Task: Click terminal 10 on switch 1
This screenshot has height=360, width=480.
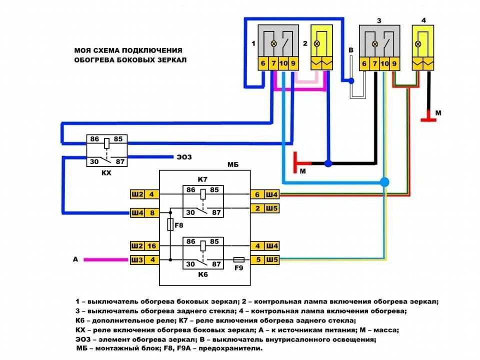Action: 283,63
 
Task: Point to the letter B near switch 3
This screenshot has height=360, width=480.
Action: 351,50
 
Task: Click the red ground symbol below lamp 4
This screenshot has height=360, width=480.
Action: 427,118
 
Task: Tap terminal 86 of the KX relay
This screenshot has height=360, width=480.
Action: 95,139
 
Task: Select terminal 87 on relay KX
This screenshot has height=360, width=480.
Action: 119,161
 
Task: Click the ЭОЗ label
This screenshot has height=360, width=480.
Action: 184,157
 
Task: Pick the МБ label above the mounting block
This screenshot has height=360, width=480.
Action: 233,164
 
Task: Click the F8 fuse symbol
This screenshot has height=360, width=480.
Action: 170,225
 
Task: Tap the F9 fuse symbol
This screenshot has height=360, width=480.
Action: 239,260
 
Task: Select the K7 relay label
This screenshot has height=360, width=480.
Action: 202,179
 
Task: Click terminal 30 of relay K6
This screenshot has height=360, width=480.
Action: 190,264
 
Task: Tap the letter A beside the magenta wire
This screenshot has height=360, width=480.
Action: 75,259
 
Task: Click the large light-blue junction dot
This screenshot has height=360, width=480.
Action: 384,181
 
